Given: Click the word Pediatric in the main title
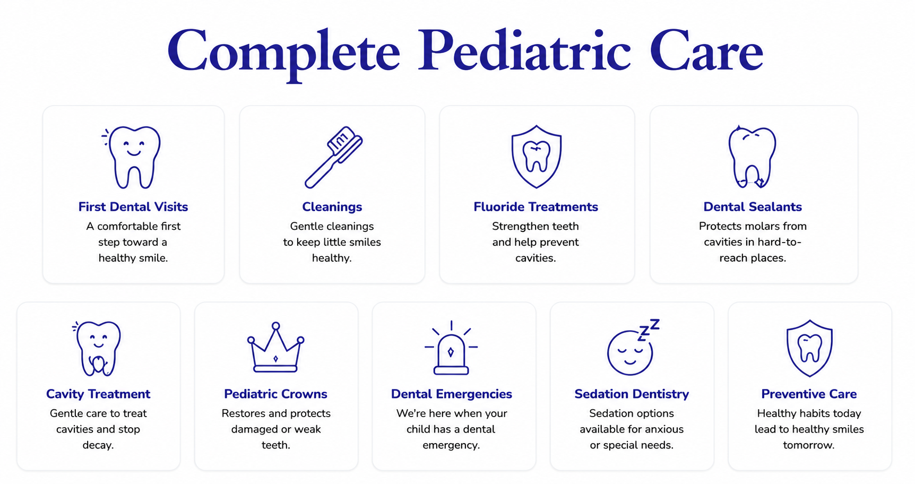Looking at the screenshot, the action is point(524,51).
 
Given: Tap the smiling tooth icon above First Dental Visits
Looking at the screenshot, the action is point(132,157).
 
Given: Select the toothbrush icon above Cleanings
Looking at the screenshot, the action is point(333,157).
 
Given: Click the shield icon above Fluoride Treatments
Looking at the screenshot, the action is point(536,157).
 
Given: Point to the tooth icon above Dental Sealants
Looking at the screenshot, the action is point(752,157).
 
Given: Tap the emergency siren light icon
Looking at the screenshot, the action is point(451,348).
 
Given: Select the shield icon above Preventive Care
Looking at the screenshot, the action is point(809,348).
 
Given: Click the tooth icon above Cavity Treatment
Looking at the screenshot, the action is point(97,348).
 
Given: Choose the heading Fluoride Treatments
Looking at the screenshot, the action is point(536,207).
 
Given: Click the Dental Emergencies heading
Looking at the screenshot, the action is point(451,394).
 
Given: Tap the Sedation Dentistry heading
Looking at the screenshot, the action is point(632,394).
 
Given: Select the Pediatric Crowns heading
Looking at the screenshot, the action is point(275,394).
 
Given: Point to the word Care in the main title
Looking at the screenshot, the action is point(706,51).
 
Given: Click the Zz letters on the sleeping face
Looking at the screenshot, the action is point(649,329).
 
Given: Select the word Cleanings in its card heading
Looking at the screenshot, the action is point(332,207).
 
